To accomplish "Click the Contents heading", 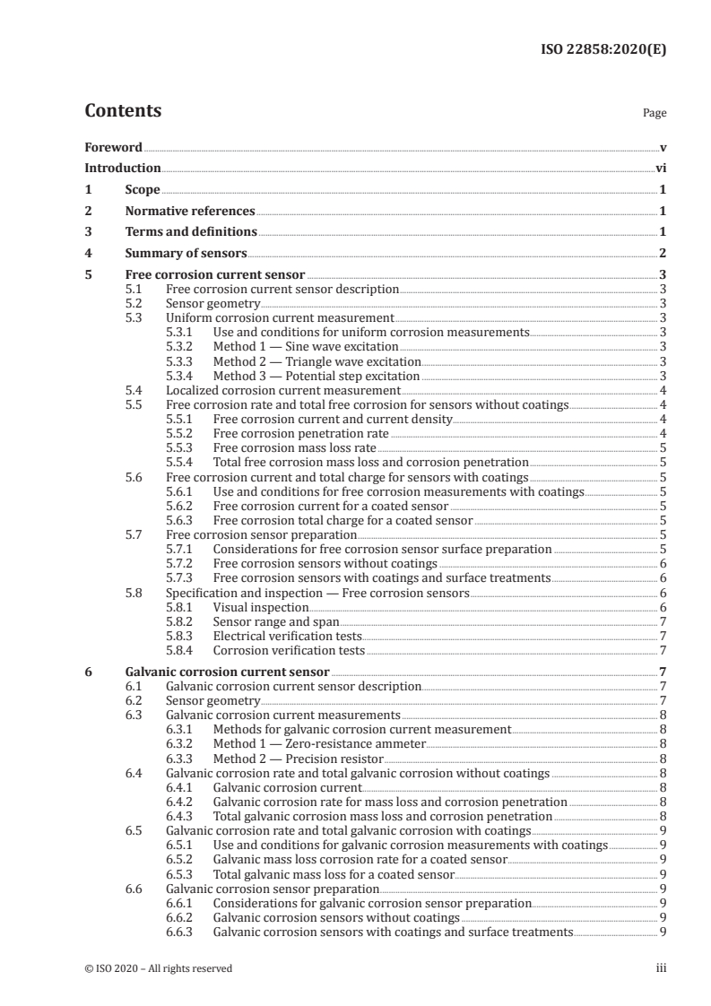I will click(123, 111).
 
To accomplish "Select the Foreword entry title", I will click(113, 147).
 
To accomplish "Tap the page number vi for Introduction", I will click(661, 169).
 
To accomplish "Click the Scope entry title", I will click(143, 190).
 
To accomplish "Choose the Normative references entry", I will click(190, 212).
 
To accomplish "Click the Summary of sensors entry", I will click(186, 255).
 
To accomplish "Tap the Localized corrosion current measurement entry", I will click(282, 390).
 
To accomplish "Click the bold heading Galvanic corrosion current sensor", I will click(228, 672).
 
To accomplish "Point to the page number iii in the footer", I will click(662, 968).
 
